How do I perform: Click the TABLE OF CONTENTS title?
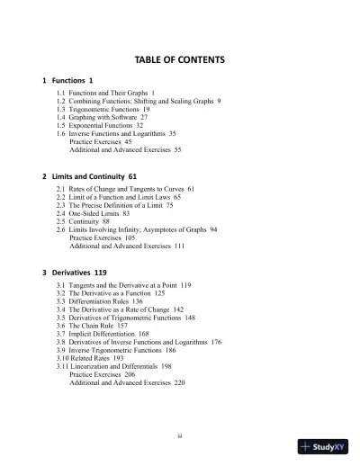(179, 60)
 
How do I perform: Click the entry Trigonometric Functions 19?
(102, 109)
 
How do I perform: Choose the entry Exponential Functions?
(99, 125)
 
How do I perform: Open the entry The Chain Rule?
(94, 326)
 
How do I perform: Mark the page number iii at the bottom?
(180, 435)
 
